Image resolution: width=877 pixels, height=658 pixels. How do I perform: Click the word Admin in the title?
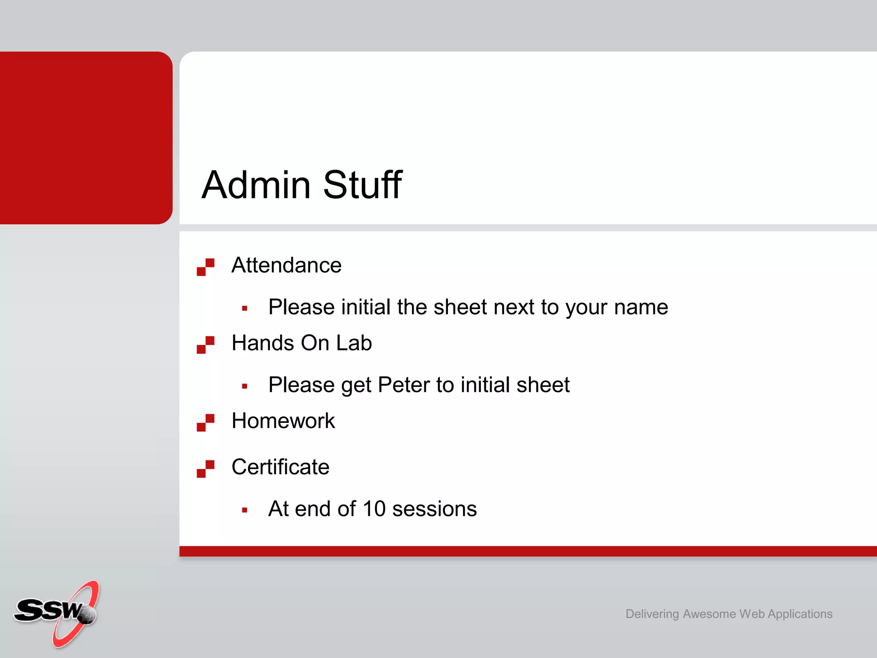pos(256,185)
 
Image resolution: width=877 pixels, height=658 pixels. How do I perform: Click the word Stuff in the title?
pos(362,185)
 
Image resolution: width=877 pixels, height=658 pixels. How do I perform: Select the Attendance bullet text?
pos(286,265)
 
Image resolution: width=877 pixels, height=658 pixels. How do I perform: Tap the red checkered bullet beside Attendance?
pos(206,267)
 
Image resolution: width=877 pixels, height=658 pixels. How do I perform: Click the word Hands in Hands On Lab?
pos(263,343)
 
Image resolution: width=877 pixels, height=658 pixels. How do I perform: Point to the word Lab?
pos(354,343)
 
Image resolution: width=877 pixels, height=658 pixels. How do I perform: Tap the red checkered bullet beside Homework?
pos(206,422)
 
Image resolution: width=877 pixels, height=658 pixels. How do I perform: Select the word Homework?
pos(283,421)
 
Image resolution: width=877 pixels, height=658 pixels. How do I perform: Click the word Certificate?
pos(280,467)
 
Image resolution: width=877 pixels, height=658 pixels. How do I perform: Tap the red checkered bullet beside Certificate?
pos(206,469)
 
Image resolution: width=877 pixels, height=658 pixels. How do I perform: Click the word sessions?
pos(434,509)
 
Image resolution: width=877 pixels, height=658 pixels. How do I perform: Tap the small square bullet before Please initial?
pos(245,308)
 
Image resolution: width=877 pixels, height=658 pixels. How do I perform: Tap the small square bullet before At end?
pos(245,510)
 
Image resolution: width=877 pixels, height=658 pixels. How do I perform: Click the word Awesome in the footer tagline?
pos(709,614)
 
